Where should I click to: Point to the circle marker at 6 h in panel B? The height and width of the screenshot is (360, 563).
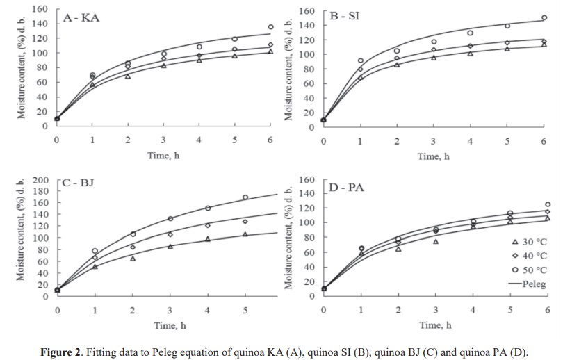pyautogui.click(x=544, y=18)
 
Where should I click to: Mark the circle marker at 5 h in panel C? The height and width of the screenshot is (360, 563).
pyautogui.click(x=245, y=197)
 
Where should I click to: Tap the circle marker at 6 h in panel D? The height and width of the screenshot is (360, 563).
pyautogui.click(x=548, y=204)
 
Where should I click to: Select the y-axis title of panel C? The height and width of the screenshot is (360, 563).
pyautogui.click(x=22, y=236)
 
